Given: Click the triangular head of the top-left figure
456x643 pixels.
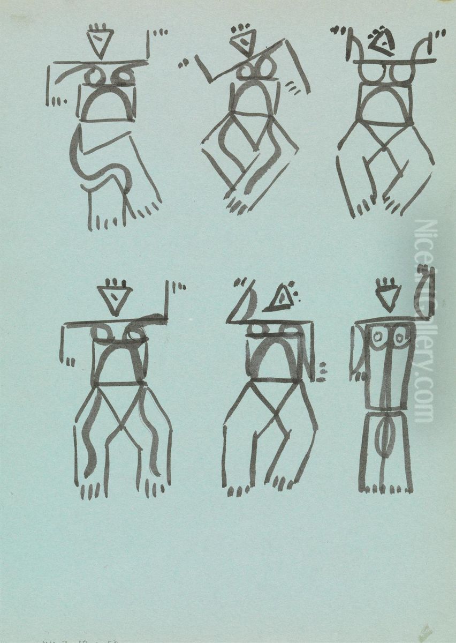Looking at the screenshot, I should point(100,44).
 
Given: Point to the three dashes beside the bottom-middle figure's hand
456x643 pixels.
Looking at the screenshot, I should point(321,372).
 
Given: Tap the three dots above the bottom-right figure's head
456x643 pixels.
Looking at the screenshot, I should point(389,282).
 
